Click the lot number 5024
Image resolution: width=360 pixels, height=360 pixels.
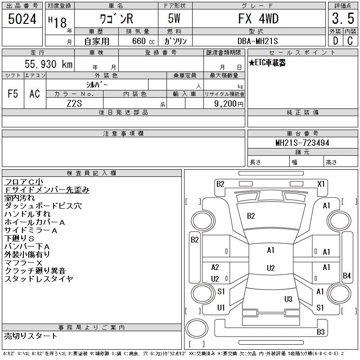pyautogui.click(x=22, y=19)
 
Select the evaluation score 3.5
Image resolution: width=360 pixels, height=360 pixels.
pyautogui.click(x=342, y=19)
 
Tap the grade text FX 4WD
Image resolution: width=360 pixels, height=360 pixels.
pyautogui.click(x=258, y=18)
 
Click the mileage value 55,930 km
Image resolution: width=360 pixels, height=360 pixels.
pyautogui.click(x=49, y=64)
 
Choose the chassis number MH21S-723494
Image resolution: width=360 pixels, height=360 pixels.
pyautogui.click(x=302, y=143)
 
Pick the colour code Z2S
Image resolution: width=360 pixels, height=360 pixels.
pyautogui.click(x=75, y=103)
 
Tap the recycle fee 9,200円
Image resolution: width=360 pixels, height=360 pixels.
pyautogui.click(x=229, y=103)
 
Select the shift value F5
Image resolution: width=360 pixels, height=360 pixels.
pyautogui.click(x=13, y=94)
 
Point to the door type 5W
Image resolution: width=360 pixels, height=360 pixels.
pyautogui.click(x=175, y=18)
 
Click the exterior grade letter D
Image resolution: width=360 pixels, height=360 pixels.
pyautogui.click(x=335, y=41)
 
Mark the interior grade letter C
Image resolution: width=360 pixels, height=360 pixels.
pyautogui.click(x=350, y=41)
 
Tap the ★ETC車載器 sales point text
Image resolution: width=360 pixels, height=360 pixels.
pyautogui.click(x=267, y=63)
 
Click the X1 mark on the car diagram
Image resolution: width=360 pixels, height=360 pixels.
pyautogui.click(x=321, y=184)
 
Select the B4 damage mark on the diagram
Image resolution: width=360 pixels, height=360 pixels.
pyautogui.click(x=346, y=275)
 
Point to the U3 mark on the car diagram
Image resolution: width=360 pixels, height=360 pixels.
pyautogui.click(x=288, y=299)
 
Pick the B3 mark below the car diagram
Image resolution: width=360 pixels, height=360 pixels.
pyautogui.click(x=320, y=332)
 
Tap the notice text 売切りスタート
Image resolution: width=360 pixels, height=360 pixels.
pyautogui.click(x=31, y=336)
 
